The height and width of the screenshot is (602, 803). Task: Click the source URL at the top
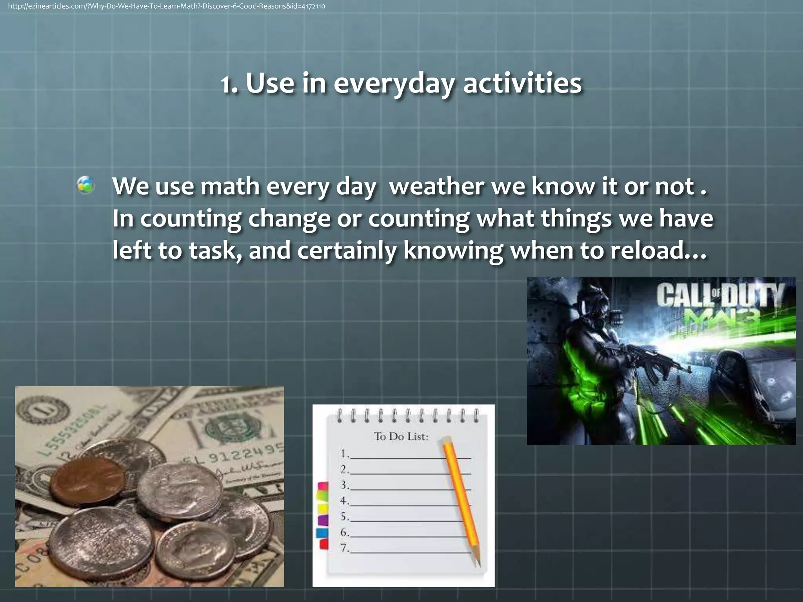click(166, 6)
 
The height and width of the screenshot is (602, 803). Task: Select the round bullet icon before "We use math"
click(86, 185)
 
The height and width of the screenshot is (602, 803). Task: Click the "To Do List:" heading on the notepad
click(401, 436)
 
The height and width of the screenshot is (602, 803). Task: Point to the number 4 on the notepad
click(344, 500)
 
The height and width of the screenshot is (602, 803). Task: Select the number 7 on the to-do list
click(344, 548)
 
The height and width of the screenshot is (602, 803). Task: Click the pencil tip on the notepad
click(478, 564)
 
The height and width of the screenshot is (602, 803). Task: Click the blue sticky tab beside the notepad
click(322, 533)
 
